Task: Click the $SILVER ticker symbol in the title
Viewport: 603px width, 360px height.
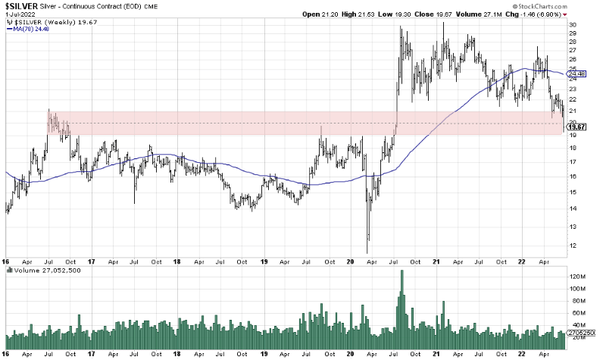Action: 16,5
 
